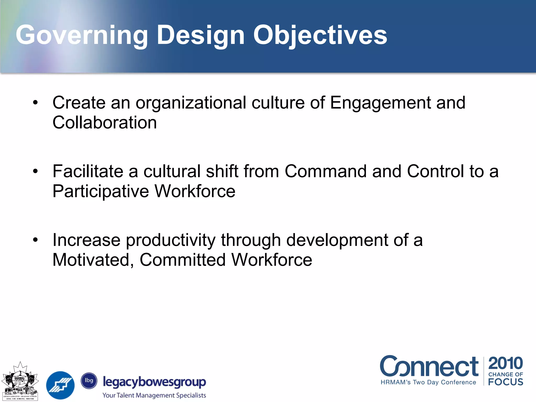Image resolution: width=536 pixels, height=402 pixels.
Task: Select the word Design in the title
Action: tap(200, 35)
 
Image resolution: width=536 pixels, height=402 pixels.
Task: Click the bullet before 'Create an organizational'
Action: tap(35, 103)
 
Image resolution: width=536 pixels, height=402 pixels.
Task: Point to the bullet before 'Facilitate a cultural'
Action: tap(35, 172)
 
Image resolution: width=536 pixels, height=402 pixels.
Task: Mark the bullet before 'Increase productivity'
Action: tap(35, 240)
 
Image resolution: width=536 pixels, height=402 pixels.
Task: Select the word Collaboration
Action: tap(105, 122)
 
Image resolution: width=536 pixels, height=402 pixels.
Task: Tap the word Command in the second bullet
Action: tap(326, 171)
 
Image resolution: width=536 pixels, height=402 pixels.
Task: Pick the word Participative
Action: tap(101, 191)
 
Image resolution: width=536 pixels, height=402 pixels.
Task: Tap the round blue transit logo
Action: tap(60, 385)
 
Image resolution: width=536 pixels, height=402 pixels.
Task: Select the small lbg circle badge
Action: tap(89, 381)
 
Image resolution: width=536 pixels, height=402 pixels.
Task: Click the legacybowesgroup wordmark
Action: tap(154, 382)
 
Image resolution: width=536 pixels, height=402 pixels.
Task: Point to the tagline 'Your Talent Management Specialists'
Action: tap(154, 395)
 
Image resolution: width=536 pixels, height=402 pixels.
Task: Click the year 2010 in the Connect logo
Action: tap(505, 363)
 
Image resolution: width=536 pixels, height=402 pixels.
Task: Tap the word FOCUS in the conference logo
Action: tap(505, 382)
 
